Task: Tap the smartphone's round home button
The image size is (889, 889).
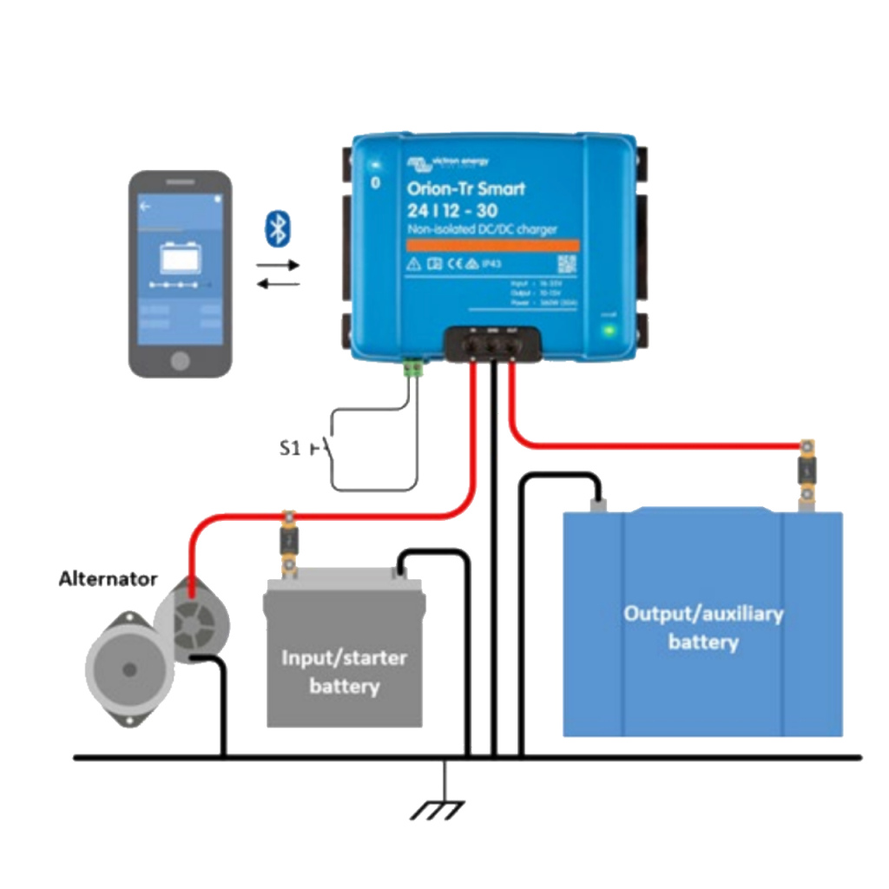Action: click(x=181, y=359)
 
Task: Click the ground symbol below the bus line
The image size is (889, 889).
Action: click(x=444, y=808)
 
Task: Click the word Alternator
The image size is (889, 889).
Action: click(x=109, y=578)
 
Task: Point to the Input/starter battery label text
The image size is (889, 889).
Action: click(x=344, y=672)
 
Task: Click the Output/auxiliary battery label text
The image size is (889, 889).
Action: click(x=703, y=628)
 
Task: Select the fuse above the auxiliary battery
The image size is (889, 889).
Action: click(x=807, y=472)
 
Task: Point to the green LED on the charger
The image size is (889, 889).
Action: click(x=609, y=330)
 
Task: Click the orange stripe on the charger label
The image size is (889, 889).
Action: click(x=481, y=246)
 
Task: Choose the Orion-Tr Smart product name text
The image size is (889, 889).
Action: click(x=466, y=188)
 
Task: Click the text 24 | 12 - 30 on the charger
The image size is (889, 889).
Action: click(x=460, y=210)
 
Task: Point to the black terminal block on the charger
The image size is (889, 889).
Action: click(x=491, y=345)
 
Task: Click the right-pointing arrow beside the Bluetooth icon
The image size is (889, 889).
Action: click(x=278, y=265)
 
